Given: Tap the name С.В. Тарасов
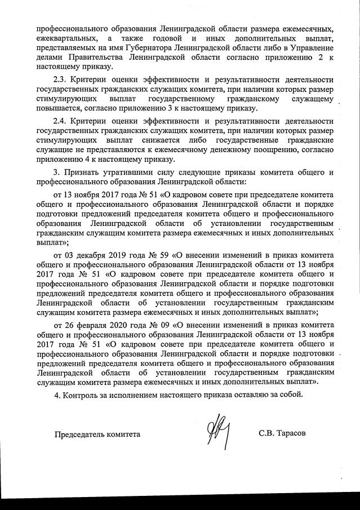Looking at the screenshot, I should (x=282, y=433).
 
